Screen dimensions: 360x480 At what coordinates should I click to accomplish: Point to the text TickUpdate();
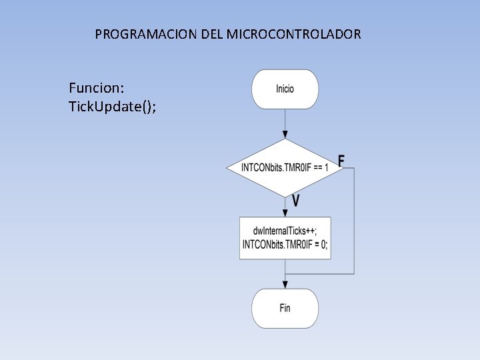tap(113, 107)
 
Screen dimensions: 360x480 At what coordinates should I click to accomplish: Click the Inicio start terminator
tap(285, 89)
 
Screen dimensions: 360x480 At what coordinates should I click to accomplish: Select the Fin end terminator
tap(285, 308)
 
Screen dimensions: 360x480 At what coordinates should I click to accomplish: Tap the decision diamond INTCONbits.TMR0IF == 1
tap(285, 167)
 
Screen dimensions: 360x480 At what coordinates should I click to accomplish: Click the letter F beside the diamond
tap(341, 161)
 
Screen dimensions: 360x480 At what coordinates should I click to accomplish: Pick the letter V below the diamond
tap(295, 200)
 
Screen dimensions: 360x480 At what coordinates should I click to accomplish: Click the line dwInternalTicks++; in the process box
tap(285, 231)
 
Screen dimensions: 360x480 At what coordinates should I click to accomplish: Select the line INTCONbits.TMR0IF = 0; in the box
tap(285, 245)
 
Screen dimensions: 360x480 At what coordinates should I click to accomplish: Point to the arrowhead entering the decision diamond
tap(285, 135)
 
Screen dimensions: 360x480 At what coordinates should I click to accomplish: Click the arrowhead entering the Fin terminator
tap(285, 285)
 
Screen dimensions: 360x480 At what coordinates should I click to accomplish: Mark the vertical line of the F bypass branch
tap(354, 220)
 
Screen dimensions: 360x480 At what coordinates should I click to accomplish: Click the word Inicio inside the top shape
tap(285, 89)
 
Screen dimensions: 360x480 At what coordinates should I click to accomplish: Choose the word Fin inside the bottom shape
tap(285, 308)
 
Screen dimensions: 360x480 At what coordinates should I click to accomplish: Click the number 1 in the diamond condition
tap(326, 167)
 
